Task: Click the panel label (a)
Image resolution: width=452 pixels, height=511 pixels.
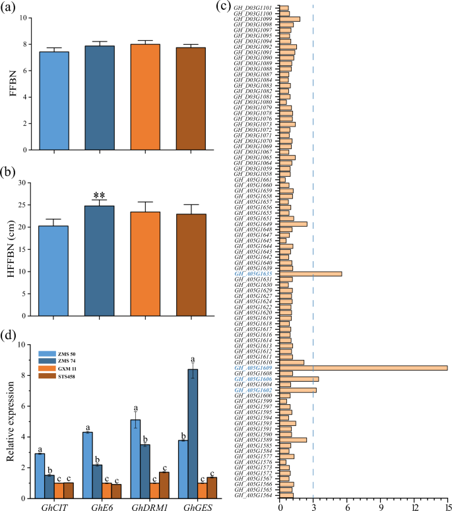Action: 12,8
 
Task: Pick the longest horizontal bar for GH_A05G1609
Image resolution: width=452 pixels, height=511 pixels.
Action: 364,368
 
